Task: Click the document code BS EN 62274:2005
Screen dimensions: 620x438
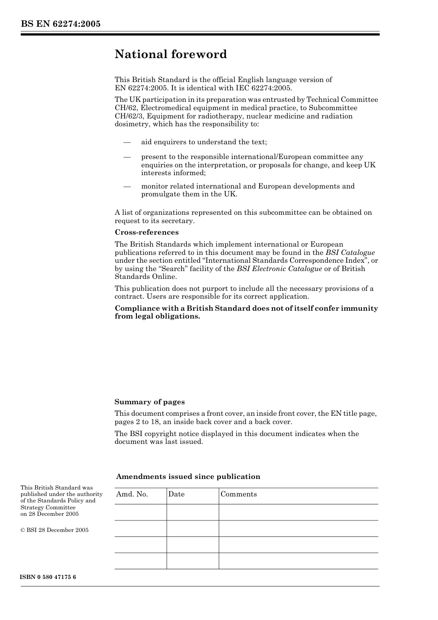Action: coord(60,24)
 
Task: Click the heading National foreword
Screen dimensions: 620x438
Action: coord(171,54)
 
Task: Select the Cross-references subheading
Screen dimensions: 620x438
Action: coord(147,232)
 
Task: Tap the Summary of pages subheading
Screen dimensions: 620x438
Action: coord(149,402)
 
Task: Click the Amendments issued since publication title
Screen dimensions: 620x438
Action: coord(188,477)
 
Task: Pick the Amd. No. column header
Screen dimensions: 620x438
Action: coord(132,494)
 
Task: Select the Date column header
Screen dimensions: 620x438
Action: coord(176,494)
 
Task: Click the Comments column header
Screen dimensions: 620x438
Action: coord(238,494)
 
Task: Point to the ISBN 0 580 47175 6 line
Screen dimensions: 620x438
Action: coord(48,577)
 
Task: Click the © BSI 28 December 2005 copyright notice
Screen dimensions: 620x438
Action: coord(54,530)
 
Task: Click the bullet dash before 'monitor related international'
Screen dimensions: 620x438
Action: coord(127,187)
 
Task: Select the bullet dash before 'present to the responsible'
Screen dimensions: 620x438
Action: coord(127,157)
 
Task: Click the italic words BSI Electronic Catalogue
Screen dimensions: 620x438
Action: coord(279,269)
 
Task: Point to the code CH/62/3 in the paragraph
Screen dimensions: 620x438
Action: coord(128,116)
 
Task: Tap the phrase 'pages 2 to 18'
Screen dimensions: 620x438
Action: coord(136,422)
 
